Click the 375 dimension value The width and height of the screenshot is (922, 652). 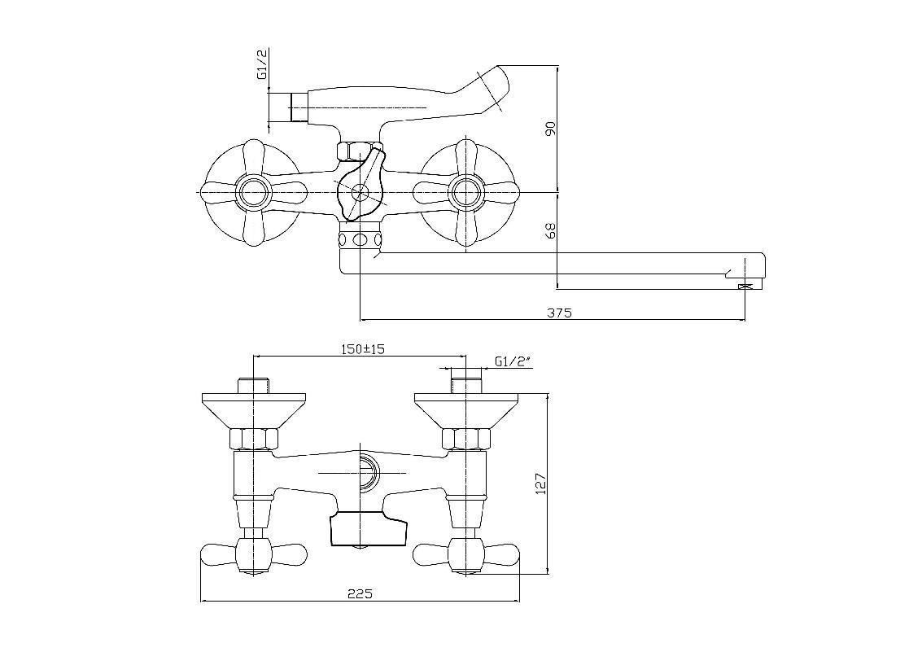pyautogui.click(x=559, y=313)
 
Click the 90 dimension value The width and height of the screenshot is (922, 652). pyautogui.click(x=550, y=129)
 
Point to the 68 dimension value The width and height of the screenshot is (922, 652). pyautogui.click(x=550, y=230)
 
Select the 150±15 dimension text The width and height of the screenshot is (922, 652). pyautogui.click(x=363, y=349)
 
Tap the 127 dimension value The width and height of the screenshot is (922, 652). pyautogui.click(x=541, y=484)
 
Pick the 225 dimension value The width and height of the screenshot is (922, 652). pyautogui.click(x=360, y=593)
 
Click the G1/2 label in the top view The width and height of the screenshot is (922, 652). pyautogui.click(x=262, y=64)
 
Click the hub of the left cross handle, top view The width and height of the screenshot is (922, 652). pyautogui.click(x=253, y=192)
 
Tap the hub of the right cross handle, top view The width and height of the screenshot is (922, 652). pyautogui.click(x=465, y=192)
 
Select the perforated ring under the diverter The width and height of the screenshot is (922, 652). pyautogui.click(x=360, y=238)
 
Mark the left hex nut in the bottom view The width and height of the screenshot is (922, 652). pyautogui.click(x=253, y=439)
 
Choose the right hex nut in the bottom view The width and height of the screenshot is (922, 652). pyautogui.click(x=465, y=439)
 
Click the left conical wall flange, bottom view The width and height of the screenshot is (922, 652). pyautogui.click(x=253, y=411)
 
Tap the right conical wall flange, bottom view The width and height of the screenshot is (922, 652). pyautogui.click(x=465, y=411)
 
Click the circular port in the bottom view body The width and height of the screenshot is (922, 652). pyautogui.click(x=369, y=472)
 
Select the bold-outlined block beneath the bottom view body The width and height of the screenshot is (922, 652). pyautogui.click(x=368, y=528)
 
